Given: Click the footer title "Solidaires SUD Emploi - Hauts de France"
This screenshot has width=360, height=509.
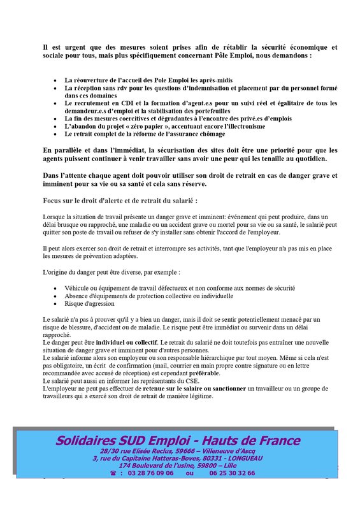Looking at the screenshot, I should (177, 440).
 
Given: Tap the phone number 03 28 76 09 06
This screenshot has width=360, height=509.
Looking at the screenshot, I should (150, 473).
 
